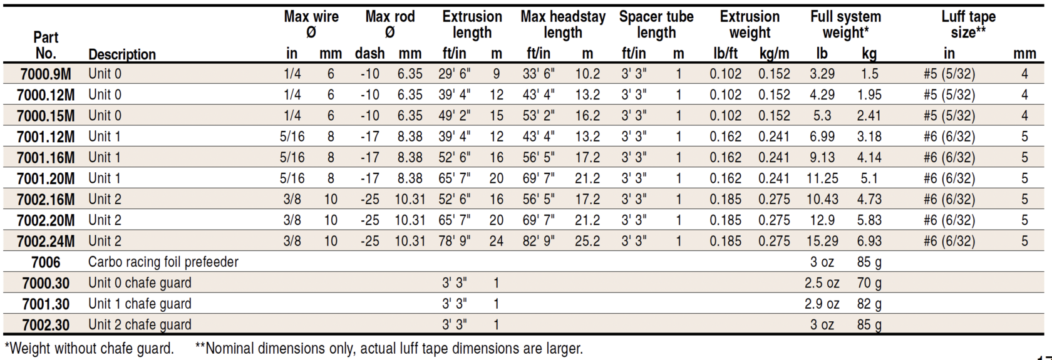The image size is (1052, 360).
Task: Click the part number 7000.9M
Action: point(46,74)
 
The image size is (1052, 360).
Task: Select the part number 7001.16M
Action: point(46,158)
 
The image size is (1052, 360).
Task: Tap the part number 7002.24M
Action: point(46,241)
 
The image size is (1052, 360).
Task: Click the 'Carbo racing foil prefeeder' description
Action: point(163,262)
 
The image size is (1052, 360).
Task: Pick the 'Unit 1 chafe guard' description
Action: point(140,304)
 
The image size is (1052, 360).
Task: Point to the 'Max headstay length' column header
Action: point(563,24)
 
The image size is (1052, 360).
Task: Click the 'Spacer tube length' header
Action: point(656,24)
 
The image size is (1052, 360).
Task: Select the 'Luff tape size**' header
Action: point(968,24)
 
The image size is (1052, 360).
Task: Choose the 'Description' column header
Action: point(122,54)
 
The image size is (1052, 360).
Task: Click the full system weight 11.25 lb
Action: point(822,178)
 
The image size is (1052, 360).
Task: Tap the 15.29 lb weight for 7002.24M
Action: point(822,241)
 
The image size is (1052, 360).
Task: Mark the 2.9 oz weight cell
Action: point(822,304)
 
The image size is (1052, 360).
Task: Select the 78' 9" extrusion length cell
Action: point(455,241)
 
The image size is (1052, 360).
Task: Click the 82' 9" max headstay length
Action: point(539,241)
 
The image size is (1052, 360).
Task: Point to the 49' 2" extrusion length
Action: point(455,116)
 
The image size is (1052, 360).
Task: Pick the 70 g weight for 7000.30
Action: point(869,283)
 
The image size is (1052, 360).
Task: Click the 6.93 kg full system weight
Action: point(869,241)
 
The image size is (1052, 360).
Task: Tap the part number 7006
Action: point(46,262)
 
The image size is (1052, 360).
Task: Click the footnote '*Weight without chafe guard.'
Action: point(89,349)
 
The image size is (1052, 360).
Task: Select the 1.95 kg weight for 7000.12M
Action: point(869,95)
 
